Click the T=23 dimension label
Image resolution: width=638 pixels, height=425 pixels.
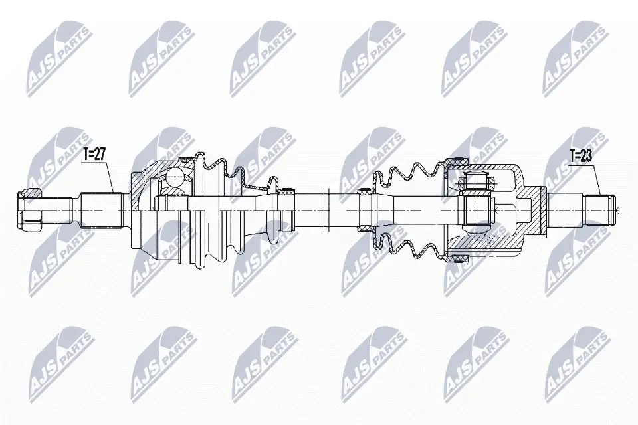582,157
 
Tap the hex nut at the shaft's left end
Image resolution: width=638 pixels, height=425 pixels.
31,210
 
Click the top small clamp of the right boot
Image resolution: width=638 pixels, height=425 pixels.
365,193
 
